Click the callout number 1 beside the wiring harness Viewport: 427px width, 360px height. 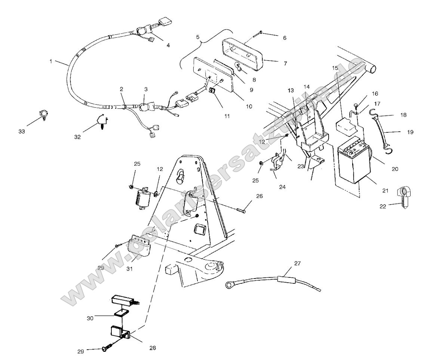tap(51, 61)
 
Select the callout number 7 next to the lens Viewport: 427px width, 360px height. tap(285, 64)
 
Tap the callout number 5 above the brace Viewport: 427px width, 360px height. tap(198, 37)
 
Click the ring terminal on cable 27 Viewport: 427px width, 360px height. tap(228, 286)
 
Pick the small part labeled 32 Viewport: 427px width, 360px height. tap(101, 121)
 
